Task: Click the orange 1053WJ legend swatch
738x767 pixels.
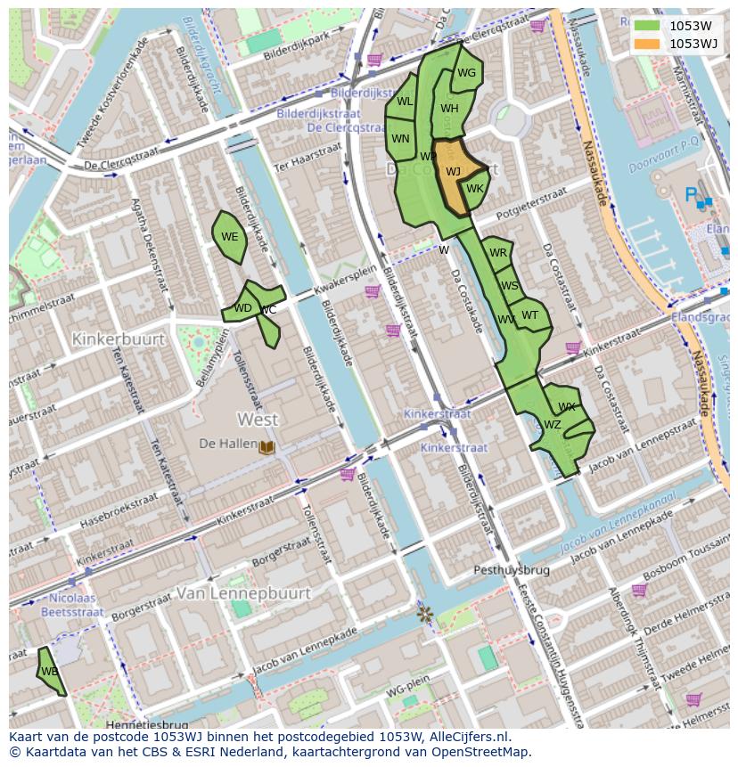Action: (x=648, y=44)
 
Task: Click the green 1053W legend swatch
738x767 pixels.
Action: (x=648, y=26)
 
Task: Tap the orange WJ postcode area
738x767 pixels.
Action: (x=452, y=172)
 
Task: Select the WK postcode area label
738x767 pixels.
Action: (x=474, y=189)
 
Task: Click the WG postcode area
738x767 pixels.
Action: (x=466, y=74)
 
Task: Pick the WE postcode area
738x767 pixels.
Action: (x=229, y=237)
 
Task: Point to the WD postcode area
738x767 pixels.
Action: (x=242, y=308)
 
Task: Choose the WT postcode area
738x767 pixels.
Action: (x=530, y=314)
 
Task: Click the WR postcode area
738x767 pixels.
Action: (x=497, y=253)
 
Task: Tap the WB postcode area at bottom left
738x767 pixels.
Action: (x=50, y=671)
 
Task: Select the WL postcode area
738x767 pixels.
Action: (x=405, y=102)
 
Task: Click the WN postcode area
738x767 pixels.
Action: (x=400, y=139)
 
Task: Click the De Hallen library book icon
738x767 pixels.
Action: (x=266, y=445)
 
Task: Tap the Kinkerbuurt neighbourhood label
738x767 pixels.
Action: (x=119, y=339)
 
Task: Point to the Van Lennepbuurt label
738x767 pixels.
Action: (x=243, y=592)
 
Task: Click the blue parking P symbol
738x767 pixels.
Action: (x=691, y=193)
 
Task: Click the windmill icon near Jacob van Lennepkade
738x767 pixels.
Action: (x=424, y=614)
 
